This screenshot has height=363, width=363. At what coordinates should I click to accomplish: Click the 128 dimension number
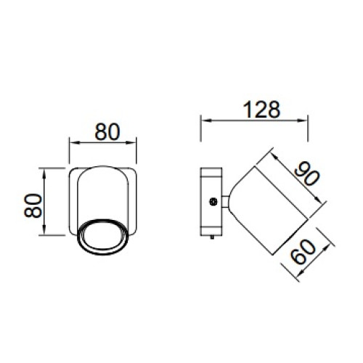pos(261,110)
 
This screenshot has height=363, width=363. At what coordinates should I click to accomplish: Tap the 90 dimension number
pos(307,174)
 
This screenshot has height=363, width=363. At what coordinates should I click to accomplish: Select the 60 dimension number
pos(303,251)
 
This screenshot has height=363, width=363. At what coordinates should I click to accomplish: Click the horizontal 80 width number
pos(107,131)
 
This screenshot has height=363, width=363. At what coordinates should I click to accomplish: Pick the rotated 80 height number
pos(33,205)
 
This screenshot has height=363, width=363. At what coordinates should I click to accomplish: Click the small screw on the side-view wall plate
pos(213,202)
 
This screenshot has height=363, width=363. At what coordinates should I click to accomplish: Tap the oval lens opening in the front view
pos(102,237)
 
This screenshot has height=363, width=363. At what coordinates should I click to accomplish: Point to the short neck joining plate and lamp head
pos(225,202)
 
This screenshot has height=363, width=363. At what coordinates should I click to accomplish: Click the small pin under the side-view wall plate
pos(212,237)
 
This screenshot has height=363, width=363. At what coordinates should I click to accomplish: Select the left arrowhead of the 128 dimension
pos(206,121)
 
